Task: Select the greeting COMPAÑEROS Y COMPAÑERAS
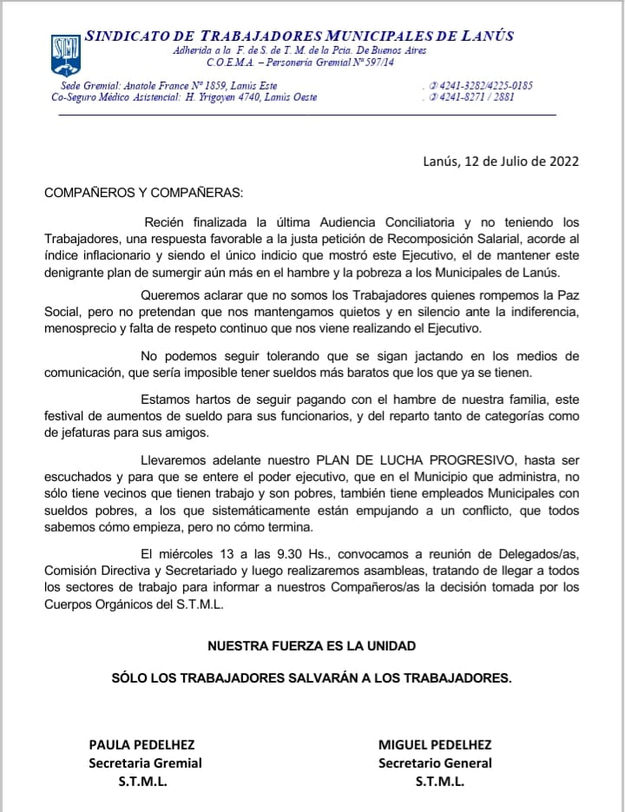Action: [144, 192]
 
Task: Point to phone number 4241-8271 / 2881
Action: [477, 97]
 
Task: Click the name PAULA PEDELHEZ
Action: [141, 744]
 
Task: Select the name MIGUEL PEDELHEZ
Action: [435, 744]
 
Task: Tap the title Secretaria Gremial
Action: [145, 762]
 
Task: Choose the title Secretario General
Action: [435, 762]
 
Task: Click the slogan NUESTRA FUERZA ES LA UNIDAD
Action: [312, 645]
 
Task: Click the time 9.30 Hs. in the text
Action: [309, 553]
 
